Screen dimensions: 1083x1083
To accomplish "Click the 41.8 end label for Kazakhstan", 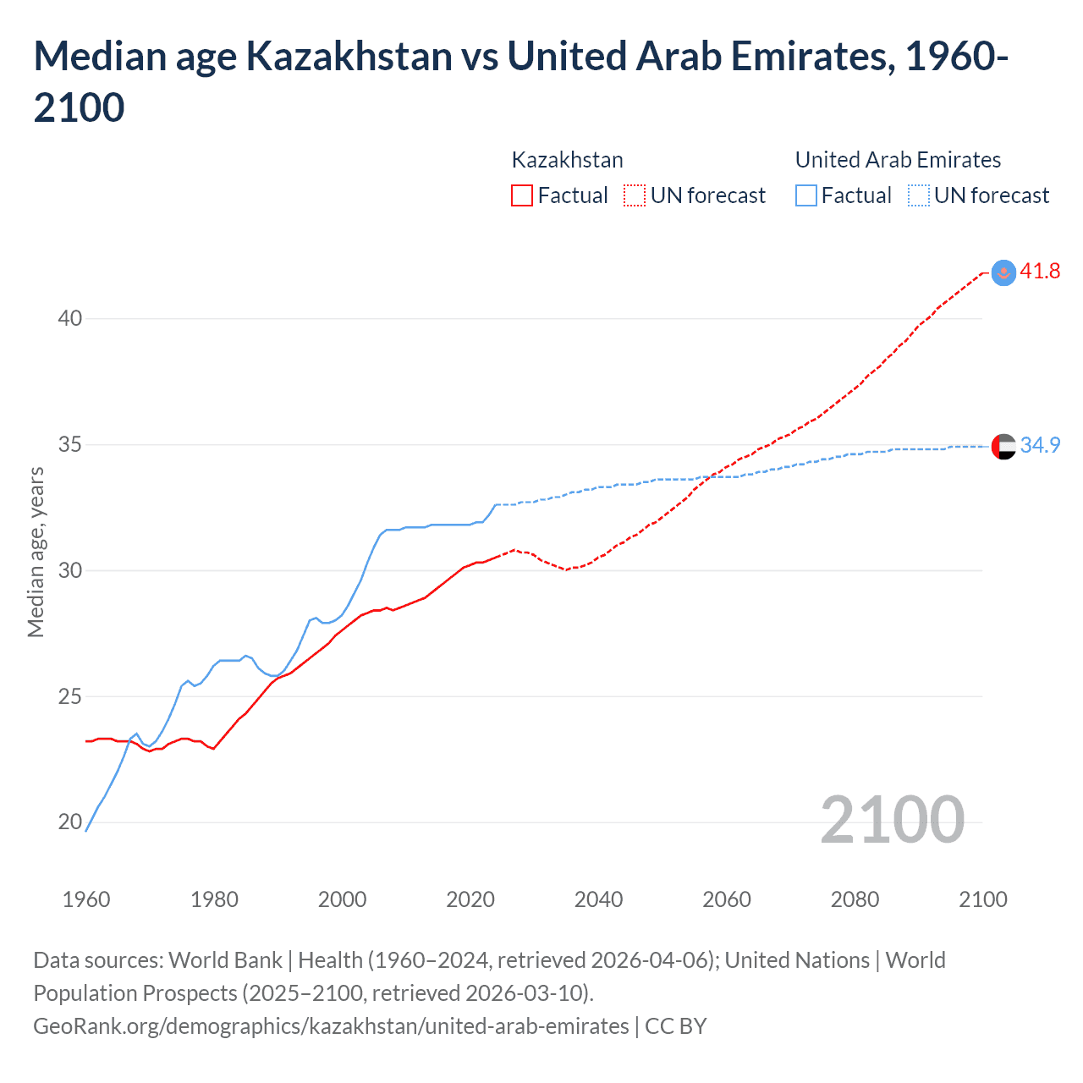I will [1040, 271].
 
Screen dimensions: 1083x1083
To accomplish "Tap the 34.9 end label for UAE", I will [1040, 445].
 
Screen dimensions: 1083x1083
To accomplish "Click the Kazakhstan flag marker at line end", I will [1003, 272].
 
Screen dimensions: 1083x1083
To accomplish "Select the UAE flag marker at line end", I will [1003, 446].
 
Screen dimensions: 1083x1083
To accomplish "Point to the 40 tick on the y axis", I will [70, 318].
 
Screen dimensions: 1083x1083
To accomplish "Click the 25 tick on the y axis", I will [70, 696].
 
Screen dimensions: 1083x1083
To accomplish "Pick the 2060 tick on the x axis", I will [727, 899].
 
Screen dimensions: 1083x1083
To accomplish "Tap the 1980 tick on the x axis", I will [214, 899].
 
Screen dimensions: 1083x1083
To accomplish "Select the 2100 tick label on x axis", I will [982, 899].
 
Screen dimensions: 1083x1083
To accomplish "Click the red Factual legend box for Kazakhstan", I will [522, 195].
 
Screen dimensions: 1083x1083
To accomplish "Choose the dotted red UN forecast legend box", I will [635, 195].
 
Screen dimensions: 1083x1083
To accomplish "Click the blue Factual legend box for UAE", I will [806, 195].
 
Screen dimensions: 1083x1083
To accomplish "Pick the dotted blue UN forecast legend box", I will [918, 195].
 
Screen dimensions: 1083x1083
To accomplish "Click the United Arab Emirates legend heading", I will [898, 160].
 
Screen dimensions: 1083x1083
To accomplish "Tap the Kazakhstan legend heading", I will [567, 160].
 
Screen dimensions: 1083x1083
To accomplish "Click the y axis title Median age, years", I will [36, 552].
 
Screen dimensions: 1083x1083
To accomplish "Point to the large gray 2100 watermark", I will [892, 819].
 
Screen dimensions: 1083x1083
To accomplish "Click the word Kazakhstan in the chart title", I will [349, 56].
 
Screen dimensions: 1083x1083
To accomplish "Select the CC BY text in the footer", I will [675, 1026].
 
